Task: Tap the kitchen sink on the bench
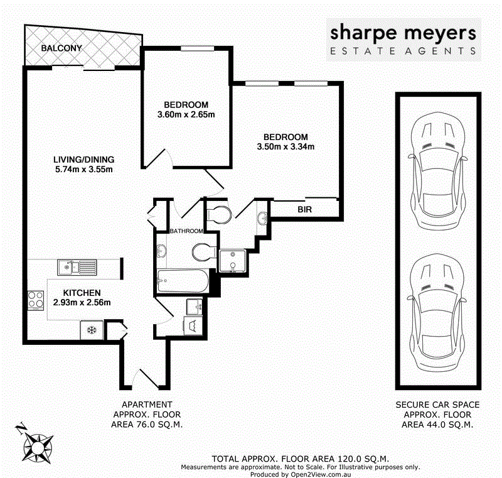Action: point(75,267)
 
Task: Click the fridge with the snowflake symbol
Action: point(91,329)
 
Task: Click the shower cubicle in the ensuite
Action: point(233,261)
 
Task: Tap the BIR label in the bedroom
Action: point(305,210)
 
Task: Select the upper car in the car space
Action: point(438,168)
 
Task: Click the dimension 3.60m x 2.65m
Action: point(186,114)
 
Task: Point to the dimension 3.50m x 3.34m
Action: point(286,147)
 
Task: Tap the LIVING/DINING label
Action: point(84,159)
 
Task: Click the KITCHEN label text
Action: point(82,293)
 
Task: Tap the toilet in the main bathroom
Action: point(202,253)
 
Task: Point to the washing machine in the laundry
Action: point(191,325)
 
